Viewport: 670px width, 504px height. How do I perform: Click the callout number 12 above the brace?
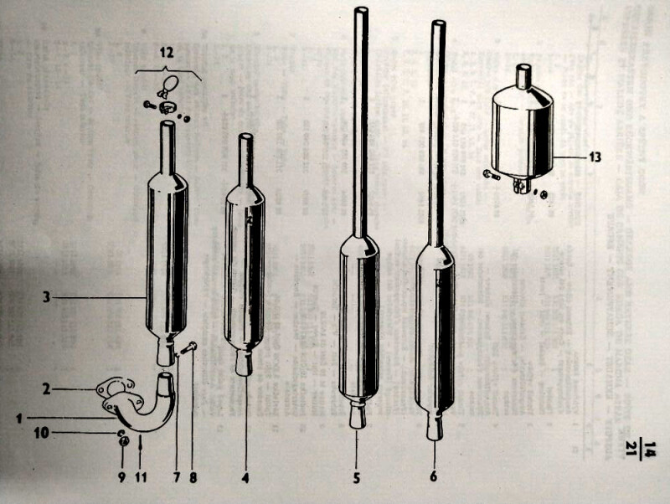click(x=167, y=53)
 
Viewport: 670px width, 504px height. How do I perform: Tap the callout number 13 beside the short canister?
click(x=595, y=157)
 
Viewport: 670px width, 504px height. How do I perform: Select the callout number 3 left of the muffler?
click(x=46, y=297)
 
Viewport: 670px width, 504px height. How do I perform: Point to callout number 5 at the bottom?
click(x=357, y=477)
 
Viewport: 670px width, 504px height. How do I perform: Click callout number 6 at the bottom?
click(x=433, y=476)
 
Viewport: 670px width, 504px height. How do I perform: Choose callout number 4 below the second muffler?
click(x=245, y=477)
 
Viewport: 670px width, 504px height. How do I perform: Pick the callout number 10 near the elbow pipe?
click(x=42, y=433)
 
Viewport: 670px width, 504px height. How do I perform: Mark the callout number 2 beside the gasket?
click(x=47, y=389)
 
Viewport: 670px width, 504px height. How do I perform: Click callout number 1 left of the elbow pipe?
click(x=18, y=418)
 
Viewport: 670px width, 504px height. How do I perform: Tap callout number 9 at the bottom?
click(x=122, y=476)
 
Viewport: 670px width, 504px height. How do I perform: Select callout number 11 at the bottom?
click(x=141, y=476)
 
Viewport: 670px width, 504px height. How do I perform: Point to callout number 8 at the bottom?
click(x=193, y=477)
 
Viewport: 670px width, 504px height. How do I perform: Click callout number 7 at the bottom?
click(x=177, y=477)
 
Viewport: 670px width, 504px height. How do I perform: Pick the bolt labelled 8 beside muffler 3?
click(x=188, y=347)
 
